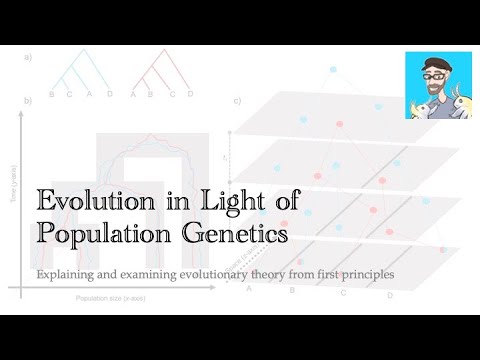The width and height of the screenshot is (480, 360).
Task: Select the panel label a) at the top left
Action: (x=28, y=57)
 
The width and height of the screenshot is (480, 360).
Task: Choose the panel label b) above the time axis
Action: (x=28, y=100)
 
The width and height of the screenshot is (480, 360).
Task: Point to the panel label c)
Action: (x=237, y=100)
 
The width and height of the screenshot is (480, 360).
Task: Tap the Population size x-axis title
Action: (x=105, y=298)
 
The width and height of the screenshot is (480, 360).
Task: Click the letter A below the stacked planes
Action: (x=248, y=289)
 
